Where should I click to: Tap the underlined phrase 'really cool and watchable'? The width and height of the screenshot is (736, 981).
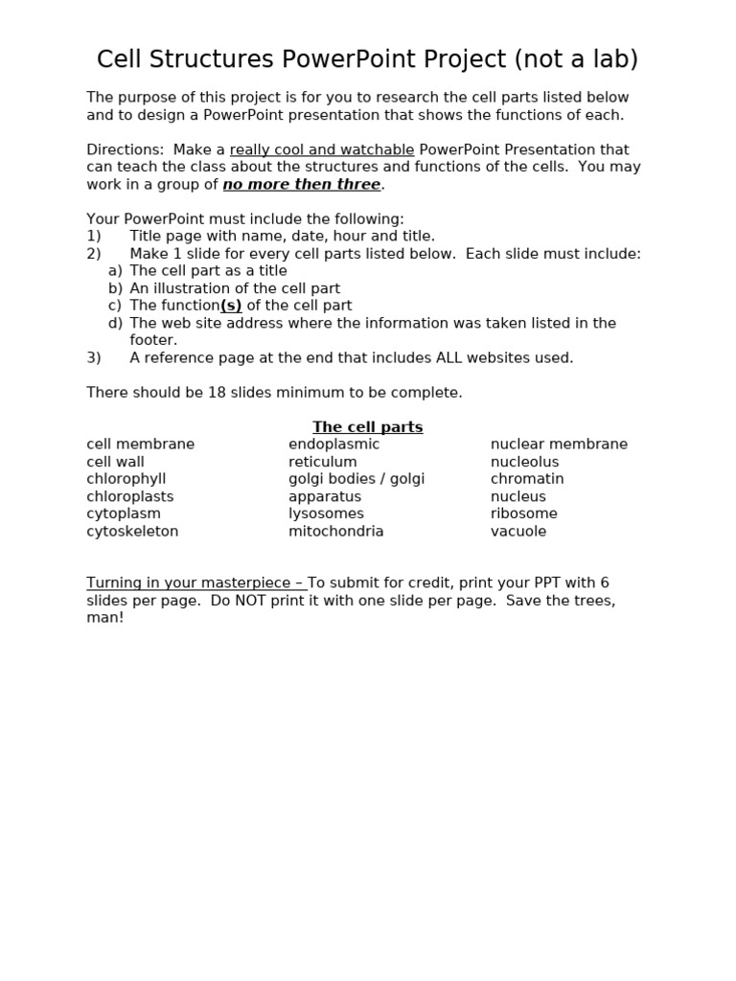pos(322,149)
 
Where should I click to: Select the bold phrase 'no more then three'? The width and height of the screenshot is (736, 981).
pos(301,185)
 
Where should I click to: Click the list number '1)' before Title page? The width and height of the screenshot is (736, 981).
pos(94,236)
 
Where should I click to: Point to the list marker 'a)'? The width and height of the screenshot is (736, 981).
pos(115,271)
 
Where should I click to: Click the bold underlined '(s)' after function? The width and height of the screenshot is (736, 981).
pos(231,306)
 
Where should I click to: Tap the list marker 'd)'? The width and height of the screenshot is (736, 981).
pos(115,323)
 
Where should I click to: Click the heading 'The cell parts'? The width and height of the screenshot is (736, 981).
pos(367,427)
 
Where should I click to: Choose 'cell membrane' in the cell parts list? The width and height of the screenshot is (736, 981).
pos(140,445)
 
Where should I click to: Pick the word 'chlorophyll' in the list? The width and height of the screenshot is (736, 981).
pos(126,479)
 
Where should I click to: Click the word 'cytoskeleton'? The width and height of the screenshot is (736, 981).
pos(132,532)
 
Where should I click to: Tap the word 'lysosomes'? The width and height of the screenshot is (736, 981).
pos(326,514)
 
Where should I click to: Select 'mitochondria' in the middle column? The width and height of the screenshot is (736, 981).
pos(335,532)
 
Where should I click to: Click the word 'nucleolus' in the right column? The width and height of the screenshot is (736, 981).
pos(524,462)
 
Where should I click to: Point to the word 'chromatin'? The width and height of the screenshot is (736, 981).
pos(527,479)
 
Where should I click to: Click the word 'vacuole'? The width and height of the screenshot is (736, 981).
pos(518,532)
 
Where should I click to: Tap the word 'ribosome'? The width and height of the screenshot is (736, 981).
pos(523,514)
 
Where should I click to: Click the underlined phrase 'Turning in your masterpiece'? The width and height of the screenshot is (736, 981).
pos(192,583)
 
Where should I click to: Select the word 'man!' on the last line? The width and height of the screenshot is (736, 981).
pos(105,619)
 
